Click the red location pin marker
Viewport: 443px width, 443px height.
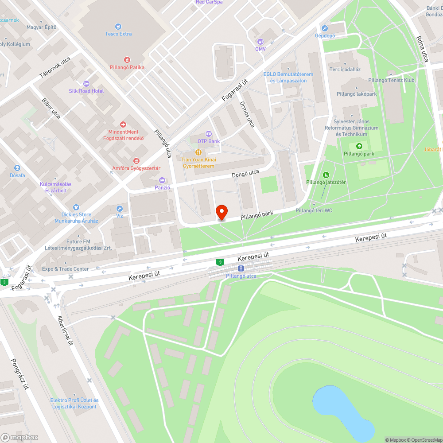tap(221, 212)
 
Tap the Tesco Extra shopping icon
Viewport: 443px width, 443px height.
tap(118, 27)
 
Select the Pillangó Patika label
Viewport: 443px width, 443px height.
tap(127, 67)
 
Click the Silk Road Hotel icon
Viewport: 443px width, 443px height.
tap(86, 83)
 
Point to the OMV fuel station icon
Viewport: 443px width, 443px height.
tap(260, 42)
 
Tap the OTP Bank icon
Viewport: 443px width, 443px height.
tap(208, 134)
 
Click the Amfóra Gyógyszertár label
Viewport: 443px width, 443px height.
tap(136, 168)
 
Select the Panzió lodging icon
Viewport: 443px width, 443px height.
tap(162, 180)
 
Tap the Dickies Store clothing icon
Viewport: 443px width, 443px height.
tap(76, 207)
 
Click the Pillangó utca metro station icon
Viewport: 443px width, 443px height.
tap(241, 268)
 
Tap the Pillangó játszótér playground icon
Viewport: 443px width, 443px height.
tap(326, 175)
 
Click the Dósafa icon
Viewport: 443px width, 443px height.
tap(17, 168)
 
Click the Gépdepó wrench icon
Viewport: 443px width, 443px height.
tap(325, 28)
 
